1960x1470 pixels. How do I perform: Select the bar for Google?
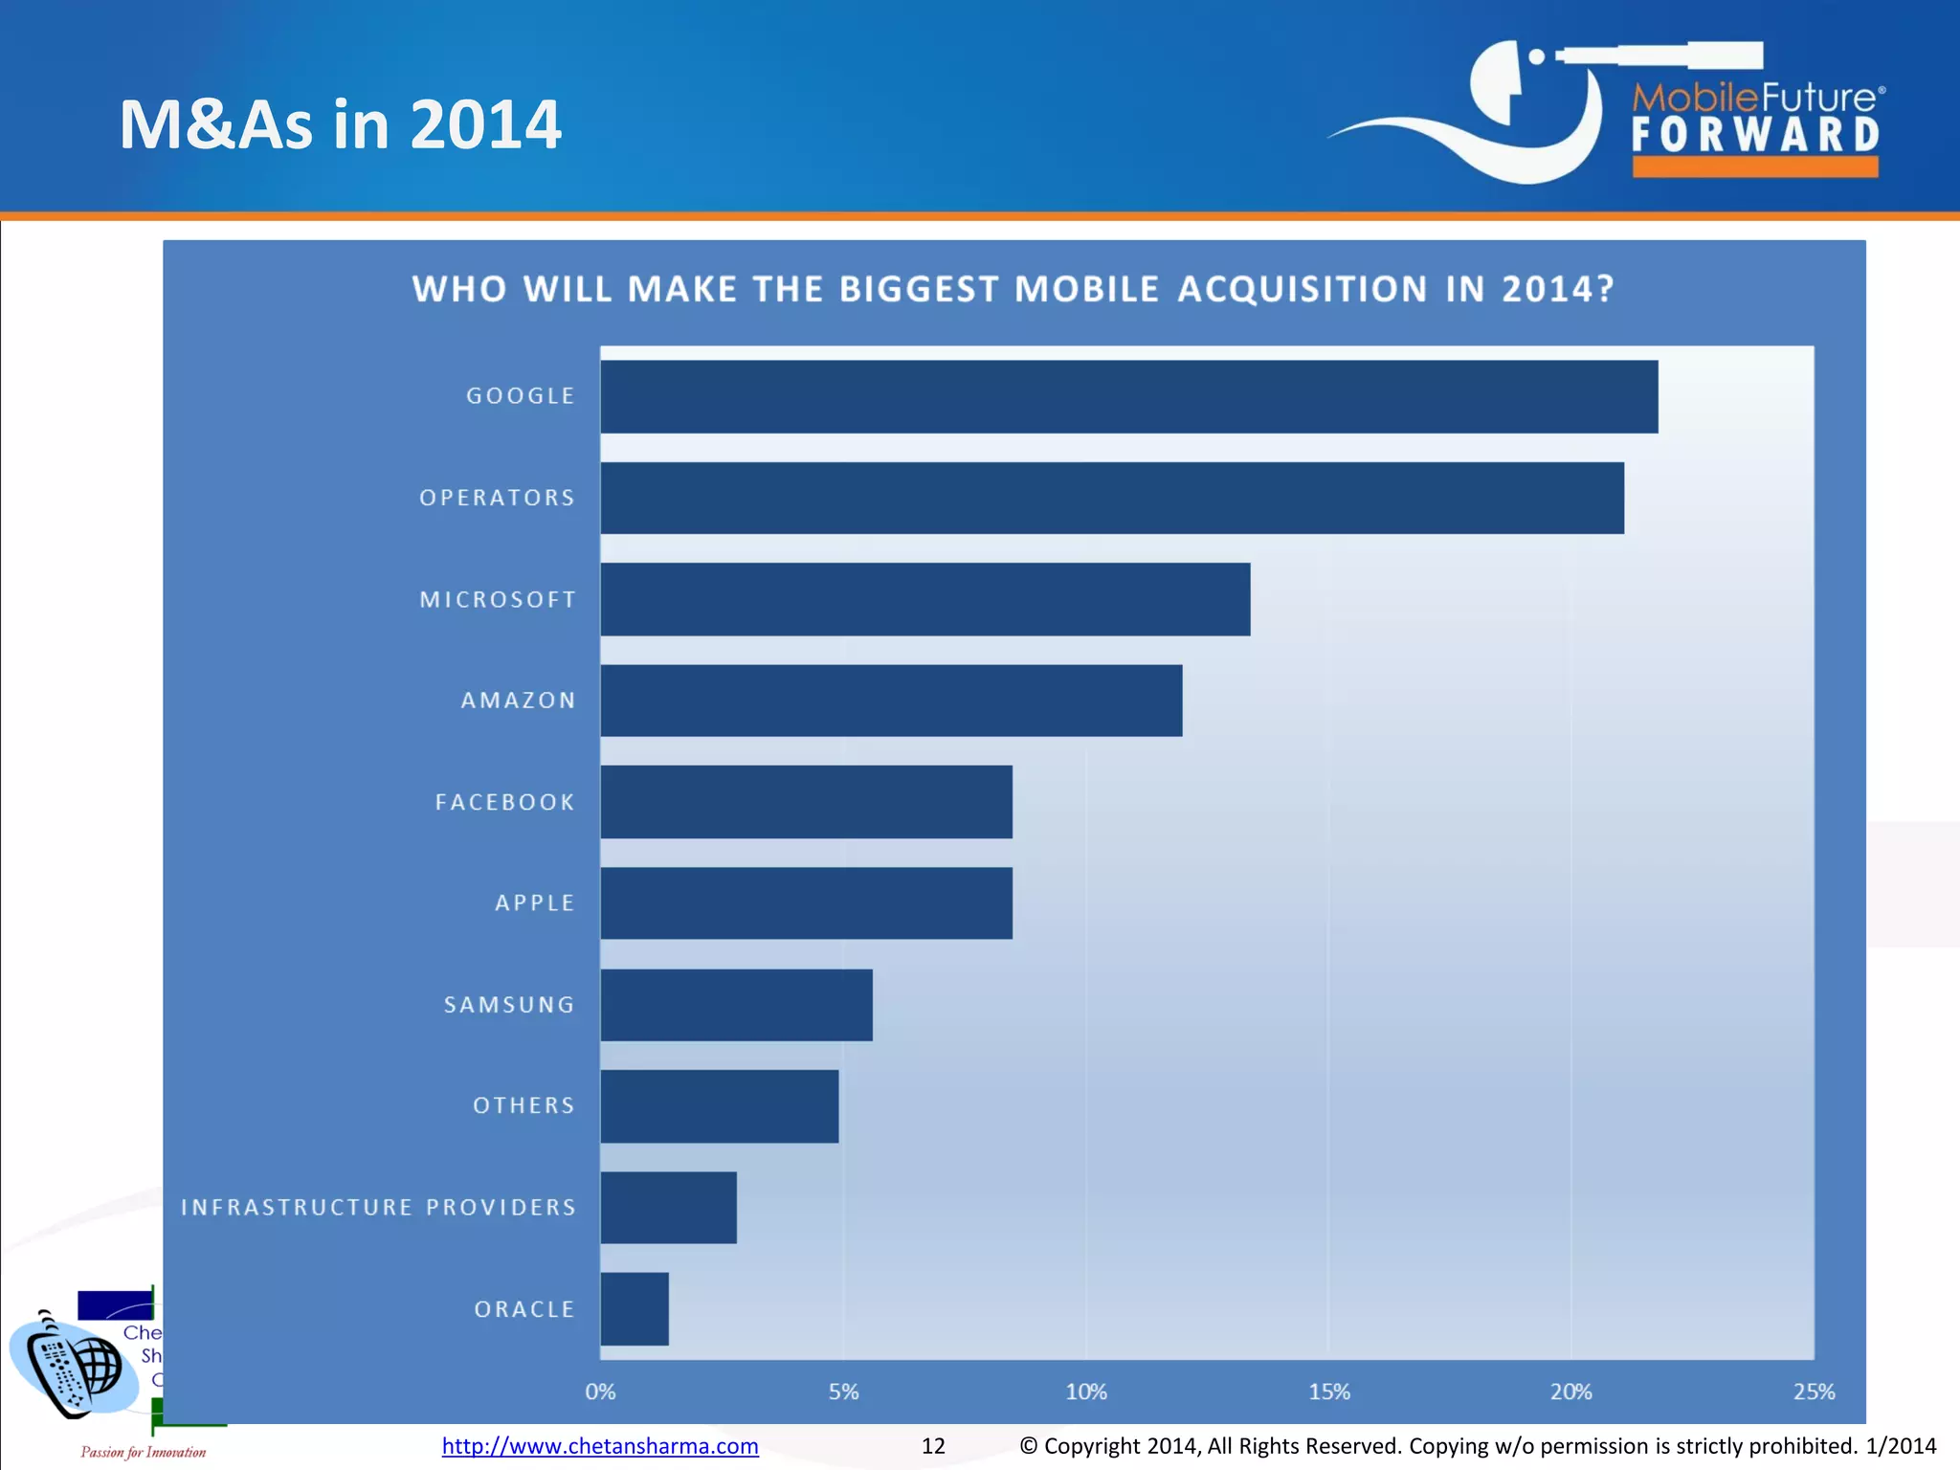click(x=1129, y=396)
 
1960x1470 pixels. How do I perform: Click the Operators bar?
click(x=1112, y=498)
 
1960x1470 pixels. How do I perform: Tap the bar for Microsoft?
click(x=925, y=599)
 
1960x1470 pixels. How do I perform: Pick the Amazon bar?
click(x=891, y=701)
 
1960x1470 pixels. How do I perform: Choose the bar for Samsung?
click(x=737, y=1005)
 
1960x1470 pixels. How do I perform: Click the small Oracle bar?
click(x=635, y=1309)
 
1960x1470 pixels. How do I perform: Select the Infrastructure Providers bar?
click(x=669, y=1208)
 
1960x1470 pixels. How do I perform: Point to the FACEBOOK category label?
click(x=505, y=802)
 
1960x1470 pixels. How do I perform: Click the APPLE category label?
click(x=535, y=902)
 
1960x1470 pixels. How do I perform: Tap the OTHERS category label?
click(x=524, y=1105)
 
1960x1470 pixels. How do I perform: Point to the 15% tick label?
click(x=1328, y=1392)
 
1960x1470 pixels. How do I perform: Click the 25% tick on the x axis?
click(x=1814, y=1392)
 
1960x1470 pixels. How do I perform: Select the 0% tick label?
click(x=600, y=1392)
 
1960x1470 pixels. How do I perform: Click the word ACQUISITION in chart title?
click(x=1302, y=289)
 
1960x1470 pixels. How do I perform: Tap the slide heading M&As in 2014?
click(x=340, y=124)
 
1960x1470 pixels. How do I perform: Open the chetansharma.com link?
click(x=600, y=1446)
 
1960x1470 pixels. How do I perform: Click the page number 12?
click(x=933, y=1446)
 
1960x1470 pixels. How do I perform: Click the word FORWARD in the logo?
click(x=1755, y=135)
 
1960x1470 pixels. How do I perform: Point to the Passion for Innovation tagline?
click(x=144, y=1452)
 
